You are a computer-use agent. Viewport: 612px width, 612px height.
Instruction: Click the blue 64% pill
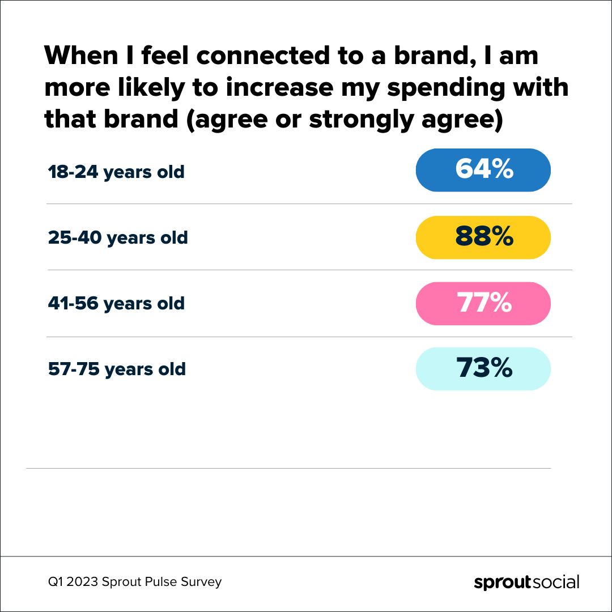[483, 170]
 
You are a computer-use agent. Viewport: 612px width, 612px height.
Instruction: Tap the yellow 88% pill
[483, 237]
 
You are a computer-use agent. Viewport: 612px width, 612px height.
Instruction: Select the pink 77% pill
[483, 304]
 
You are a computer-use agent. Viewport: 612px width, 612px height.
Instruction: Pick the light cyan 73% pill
[483, 369]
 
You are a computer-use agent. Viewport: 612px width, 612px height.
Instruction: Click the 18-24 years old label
[116, 172]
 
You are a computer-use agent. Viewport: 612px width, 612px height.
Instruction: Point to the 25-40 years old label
[118, 237]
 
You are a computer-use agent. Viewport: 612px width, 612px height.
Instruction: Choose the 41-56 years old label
[116, 304]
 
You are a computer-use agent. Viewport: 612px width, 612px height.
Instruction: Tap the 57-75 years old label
[117, 369]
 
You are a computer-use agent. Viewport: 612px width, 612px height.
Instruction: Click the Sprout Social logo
[526, 582]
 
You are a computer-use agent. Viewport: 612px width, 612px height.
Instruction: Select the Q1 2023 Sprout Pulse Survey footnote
[135, 582]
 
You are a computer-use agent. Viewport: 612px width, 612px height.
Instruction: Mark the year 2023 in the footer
[83, 582]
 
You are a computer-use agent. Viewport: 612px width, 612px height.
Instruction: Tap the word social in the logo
[555, 582]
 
